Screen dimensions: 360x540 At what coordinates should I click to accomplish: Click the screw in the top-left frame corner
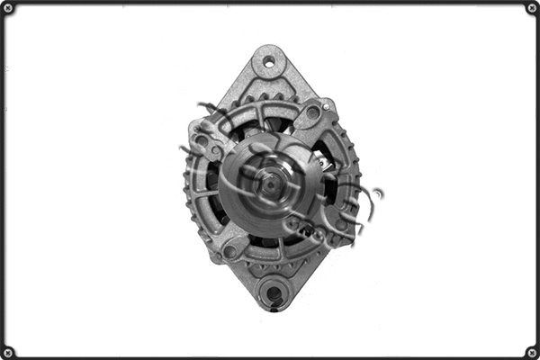(7, 7)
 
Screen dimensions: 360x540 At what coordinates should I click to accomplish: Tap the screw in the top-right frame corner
(532, 7)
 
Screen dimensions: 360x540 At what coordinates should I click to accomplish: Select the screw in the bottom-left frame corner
(7, 352)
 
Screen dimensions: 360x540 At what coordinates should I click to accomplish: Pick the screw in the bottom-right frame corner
(532, 352)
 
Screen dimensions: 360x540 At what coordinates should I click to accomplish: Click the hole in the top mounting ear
(267, 62)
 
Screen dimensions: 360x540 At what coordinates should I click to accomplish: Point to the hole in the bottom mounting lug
(274, 292)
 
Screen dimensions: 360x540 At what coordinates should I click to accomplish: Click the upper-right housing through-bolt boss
(313, 112)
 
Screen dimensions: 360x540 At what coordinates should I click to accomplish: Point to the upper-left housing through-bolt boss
(202, 141)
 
